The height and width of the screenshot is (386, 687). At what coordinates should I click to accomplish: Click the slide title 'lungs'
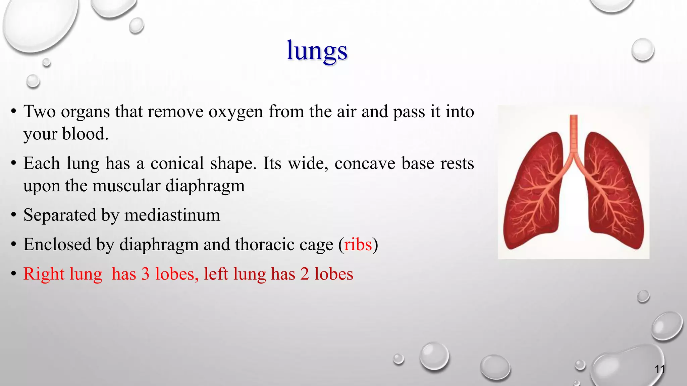(x=317, y=51)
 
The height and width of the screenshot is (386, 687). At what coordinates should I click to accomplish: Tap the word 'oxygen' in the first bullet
(x=235, y=112)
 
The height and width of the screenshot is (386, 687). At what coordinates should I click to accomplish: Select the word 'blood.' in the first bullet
(x=85, y=134)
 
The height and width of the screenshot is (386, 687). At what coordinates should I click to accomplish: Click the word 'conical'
(x=177, y=164)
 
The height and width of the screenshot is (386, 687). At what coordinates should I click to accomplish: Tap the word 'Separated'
(x=60, y=215)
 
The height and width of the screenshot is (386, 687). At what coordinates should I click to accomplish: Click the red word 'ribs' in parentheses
(x=358, y=245)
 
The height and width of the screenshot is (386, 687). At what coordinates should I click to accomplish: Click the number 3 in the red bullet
(x=145, y=274)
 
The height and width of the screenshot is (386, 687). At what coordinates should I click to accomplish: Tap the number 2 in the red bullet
(x=304, y=274)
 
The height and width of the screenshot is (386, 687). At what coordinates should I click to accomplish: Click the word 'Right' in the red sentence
(x=44, y=274)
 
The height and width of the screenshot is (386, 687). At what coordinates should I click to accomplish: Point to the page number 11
(x=659, y=369)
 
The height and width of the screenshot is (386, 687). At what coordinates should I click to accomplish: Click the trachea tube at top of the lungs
(x=574, y=134)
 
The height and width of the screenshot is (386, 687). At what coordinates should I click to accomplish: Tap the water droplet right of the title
(x=643, y=50)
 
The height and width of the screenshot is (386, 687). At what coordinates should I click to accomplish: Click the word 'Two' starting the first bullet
(x=40, y=112)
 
